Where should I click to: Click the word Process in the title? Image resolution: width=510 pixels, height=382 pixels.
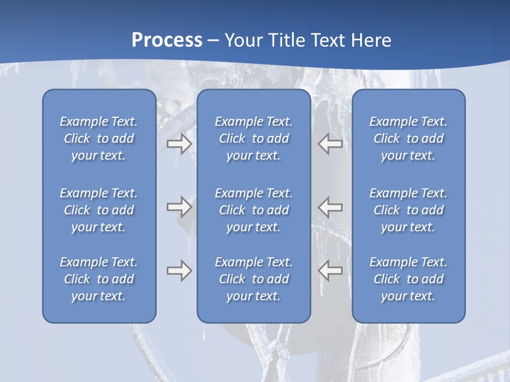click(167, 40)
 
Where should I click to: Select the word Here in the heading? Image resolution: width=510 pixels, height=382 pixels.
click(371, 40)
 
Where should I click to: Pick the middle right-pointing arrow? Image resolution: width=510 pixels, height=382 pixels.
click(179, 207)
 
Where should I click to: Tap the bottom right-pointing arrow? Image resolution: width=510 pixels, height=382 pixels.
click(179, 271)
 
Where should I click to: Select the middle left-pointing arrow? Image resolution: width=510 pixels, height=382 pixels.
click(330, 207)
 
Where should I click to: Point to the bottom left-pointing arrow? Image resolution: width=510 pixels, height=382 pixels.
click(330, 271)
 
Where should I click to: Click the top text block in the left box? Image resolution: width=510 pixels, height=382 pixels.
click(99, 138)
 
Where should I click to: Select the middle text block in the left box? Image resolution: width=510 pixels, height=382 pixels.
click(99, 210)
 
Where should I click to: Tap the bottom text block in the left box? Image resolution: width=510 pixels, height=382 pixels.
click(99, 279)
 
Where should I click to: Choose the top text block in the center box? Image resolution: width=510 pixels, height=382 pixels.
click(253, 138)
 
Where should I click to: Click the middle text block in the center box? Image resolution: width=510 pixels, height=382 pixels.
click(253, 210)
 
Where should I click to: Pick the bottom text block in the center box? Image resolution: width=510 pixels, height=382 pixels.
click(253, 279)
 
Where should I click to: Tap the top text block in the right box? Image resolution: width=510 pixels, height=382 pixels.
click(408, 138)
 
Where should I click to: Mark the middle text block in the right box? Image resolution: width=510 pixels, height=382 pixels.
click(408, 210)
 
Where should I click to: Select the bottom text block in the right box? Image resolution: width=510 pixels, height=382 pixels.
click(408, 279)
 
